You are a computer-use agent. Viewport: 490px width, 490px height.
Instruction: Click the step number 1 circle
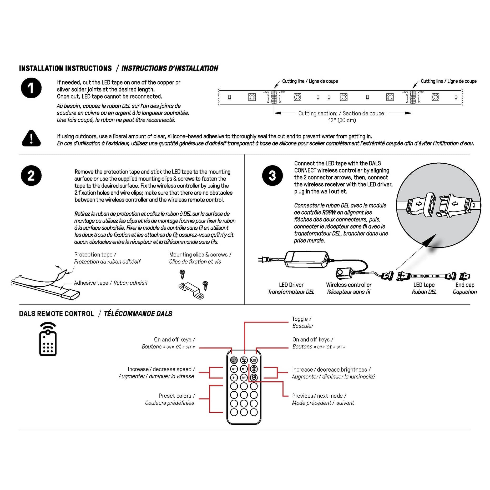pyautogui.click(x=31, y=88)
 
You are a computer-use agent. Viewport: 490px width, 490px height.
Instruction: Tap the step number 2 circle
pyautogui.click(x=31, y=175)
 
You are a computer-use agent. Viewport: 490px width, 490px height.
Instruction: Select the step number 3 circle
pyautogui.click(x=272, y=175)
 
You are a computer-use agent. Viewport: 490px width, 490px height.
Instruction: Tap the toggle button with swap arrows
pyautogui.click(x=244, y=360)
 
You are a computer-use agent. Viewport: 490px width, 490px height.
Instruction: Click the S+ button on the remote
pyautogui.click(x=234, y=369)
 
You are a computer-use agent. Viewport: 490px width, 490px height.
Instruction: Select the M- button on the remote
pyautogui.click(x=244, y=378)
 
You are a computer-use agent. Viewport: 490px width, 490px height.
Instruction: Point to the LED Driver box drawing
pyautogui.click(x=307, y=259)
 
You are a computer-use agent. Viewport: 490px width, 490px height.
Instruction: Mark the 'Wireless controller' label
pyautogui.click(x=349, y=285)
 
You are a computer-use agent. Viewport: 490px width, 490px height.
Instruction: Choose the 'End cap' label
pyautogui.click(x=465, y=285)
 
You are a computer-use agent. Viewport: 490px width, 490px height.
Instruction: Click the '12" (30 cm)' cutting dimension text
pyautogui.click(x=342, y=120)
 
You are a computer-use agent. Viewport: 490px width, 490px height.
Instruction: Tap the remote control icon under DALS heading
pyautogui.click(x=48, y=339)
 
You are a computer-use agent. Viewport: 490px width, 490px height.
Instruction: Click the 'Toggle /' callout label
pyautogui.click(x=302, y=319)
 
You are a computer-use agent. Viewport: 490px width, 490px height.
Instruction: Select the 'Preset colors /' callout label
pyautogui.click(x=177, y=396)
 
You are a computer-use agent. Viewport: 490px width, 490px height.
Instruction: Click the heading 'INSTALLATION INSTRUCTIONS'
pyautogui.click(x=65, y=68)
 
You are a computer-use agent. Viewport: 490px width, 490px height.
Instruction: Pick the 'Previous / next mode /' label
pyautogui.click(x=319, y=396)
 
